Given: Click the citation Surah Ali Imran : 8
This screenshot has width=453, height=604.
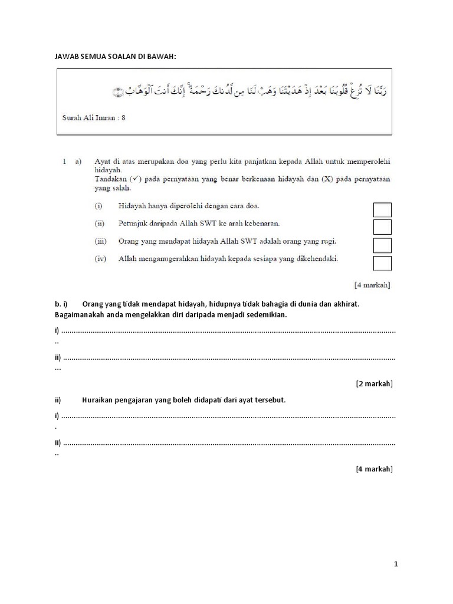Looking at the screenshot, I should tap(94, 117).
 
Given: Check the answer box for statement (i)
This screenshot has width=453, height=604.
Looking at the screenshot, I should tap(382, 209).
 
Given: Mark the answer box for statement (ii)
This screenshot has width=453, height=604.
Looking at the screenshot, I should tap(382, 227).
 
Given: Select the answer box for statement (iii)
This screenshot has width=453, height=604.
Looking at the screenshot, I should tap(382, 245).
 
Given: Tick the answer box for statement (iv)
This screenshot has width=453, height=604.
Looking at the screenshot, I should tap(382, 263).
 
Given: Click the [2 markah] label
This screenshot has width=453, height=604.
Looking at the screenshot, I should tap(374, 383).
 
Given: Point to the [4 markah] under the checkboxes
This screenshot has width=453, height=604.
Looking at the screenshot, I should tap(372, 285).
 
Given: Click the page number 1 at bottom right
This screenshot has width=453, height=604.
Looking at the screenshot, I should tap(396, 564).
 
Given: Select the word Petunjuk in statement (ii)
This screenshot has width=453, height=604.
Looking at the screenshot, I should tap(133, 224).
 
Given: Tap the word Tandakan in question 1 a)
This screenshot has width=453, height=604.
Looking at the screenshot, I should tap(111, 178).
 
